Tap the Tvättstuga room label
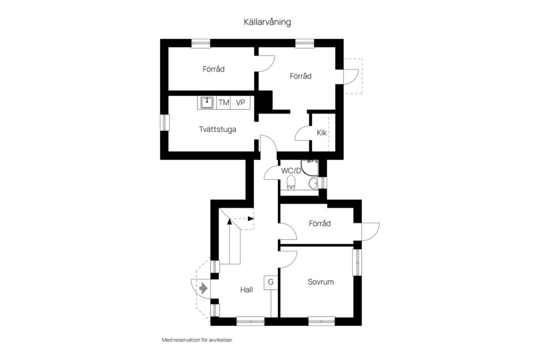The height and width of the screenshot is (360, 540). pyautogui.click(x=217, y=129)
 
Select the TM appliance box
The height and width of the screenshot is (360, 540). pyautogui.click(x=224, y=102)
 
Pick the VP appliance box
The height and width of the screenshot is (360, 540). pyautogui.click(x=241, y=102)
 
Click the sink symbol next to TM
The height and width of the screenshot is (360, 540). pyautogui.click(x=206, y=102)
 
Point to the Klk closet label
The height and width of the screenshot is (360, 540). pyautogui.click(x=322, y=133)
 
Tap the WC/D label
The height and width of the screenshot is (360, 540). pyautogui.click(x=291, y=170)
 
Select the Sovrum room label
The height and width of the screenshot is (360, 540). pyautogui.click(x=321, y=282)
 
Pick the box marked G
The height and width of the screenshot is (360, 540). pyautogui.click(x=271, y=282)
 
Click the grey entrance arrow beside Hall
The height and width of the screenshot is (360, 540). pyautogui.click(x=204, y=288)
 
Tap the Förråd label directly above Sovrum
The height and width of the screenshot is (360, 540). pyautogui.click(x=319, y=223)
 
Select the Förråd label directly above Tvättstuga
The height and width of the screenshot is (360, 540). pyautogui.click(x=214, y=70)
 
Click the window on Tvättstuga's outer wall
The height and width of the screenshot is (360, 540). pyautogui.click(x=164, y=122)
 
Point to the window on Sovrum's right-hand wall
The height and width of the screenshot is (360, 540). pyautogui.click(x=357, y=262)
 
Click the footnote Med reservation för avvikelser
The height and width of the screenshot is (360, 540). pyautogui.click(x=197, y=340)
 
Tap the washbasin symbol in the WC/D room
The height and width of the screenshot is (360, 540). pyautogui.click(x=313, y=182)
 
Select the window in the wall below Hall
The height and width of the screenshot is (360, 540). pyautogui.click(x=250, y=322)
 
